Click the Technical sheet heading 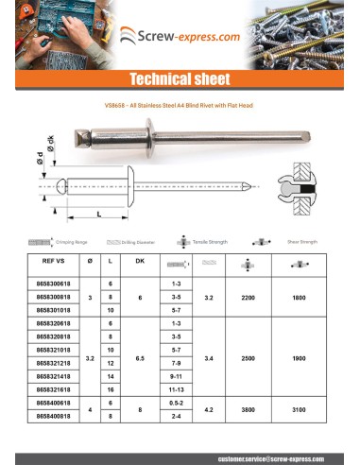(x=180, y=77)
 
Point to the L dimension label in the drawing (x=98, y=215)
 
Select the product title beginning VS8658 (x=180, y=106)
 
